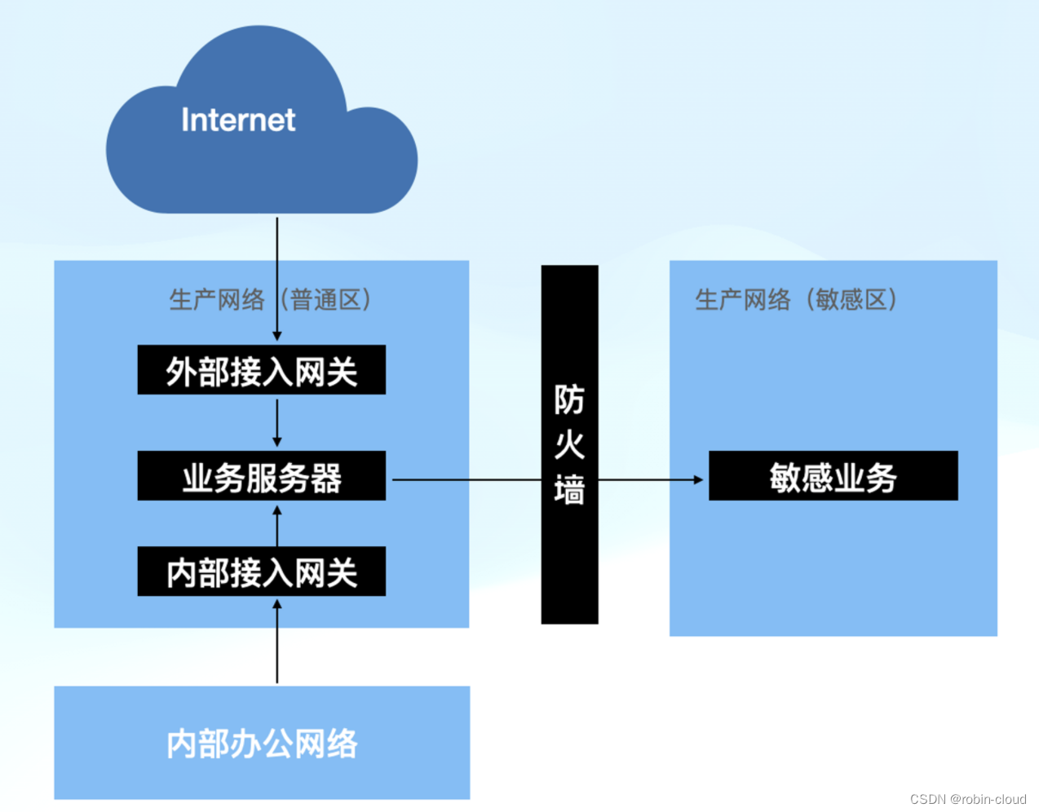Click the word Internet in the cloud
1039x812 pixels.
pos(238,120)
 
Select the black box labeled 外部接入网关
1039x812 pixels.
pos(261,371)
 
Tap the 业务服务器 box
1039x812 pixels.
pos(261,476)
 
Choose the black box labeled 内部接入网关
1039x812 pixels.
pos(261,571)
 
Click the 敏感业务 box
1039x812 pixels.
pos(833,476)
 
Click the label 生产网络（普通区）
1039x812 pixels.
pos(270,300)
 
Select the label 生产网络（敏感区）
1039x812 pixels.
pos(796,300)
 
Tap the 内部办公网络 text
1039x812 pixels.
pos(262,744)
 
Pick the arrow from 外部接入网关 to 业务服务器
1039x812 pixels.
pos(277,422)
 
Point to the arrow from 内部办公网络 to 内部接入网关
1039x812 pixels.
pos(277,644)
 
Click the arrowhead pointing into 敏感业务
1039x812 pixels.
pos(697,479)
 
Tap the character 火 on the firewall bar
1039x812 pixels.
pos(569,445)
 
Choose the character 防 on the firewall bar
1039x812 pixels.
pos(569,399)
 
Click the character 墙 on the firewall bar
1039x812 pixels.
pos(569,491)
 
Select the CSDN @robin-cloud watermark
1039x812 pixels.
pos(968,799)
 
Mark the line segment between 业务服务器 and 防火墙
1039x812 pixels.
pos(465,479)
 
